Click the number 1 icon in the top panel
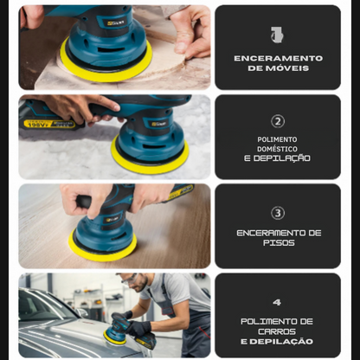[277, 35]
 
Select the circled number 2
[278, 121]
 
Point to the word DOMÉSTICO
[277, 148]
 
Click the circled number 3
[278, 212]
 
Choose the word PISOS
[278, 243]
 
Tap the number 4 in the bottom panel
[277, 303]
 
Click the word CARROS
[277, 331]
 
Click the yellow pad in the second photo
[150, 155]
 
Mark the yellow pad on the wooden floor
[103, 247]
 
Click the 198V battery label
[38, 124]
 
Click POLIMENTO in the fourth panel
[277, 321]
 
